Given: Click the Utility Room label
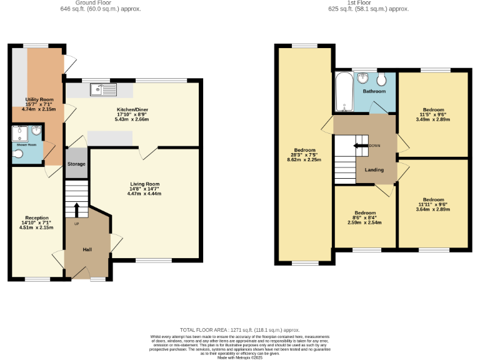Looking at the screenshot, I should pyautogui.click(x=39, y=99).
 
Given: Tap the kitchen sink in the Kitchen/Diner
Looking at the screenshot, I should pyautogui.click(x=103, y=90).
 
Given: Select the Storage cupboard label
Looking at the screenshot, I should pyautogui.click(x=76, y=164).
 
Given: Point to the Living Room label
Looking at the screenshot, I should pyautogui.click(x=144, y=184).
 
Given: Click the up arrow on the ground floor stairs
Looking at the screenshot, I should pyautogui.click(x=77, y=209).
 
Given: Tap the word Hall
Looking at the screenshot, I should pyautogui.click(x=87, y=250).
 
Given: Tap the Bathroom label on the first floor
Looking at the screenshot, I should pyautogui.click(x=374, y=91).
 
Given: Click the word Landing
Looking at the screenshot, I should pyautogui.click(x=374, y=169).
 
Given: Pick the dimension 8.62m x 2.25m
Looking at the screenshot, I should pyautogui.click(x=304, y=159).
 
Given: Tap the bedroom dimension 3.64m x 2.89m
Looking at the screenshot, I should pyautogui.click(x=432, y=209).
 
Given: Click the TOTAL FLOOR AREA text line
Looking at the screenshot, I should pyautogui.click(x=240, y=329).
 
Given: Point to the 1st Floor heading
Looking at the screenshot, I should pyautogui.click(x=369, y=2).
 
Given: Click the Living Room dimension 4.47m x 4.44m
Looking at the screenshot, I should pyautogui.click(x=144, y=194).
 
